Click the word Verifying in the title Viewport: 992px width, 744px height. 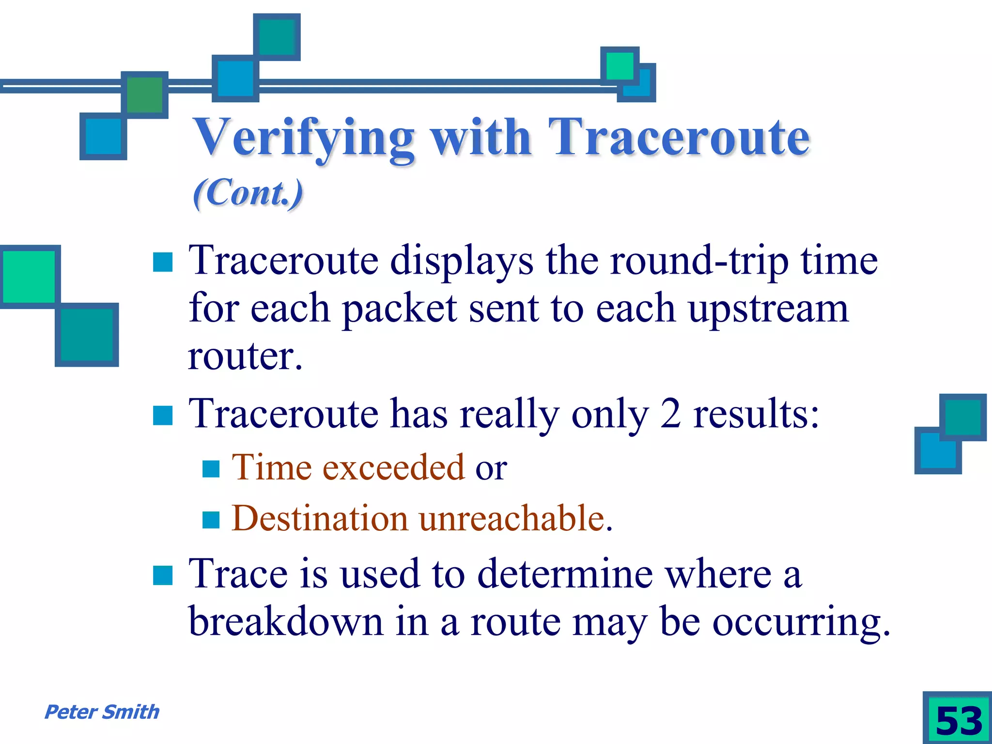[304, 139]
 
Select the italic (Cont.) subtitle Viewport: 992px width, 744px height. [248, 193]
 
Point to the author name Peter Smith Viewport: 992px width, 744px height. [102, 712]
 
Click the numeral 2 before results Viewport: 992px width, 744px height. [670, 414]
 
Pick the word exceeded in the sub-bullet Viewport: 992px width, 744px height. [394, 467]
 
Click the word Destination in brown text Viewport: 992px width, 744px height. [320, 518]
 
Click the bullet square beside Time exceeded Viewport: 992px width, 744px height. [211, 468]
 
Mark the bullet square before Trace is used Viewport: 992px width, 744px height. [163, 575]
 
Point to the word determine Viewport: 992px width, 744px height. [565, 574]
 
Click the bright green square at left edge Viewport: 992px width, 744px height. [29, 277]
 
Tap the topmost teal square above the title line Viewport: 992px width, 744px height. [277, 37]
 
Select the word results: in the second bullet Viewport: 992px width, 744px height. [756, 414]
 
